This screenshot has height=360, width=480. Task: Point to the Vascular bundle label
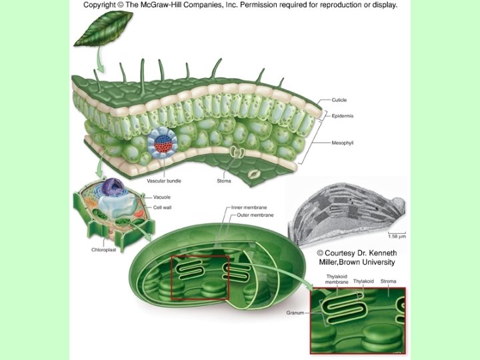click(x=164, y=181)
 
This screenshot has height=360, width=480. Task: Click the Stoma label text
click(x=224, y=181)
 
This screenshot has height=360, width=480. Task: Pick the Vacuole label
click(x=163, y=197)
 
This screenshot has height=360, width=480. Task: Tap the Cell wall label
click(x=163, y=207)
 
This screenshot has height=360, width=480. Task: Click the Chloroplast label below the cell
click(x=105, y=250)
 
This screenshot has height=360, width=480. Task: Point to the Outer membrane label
click(x=246, y=215)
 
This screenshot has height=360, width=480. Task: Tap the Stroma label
click(x=389, y=281)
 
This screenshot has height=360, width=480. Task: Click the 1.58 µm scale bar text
click(x=396, y=236)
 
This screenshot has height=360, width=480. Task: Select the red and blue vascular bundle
click(x=162, y=142)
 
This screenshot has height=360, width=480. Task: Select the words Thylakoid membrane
click(x=337, y=279)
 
